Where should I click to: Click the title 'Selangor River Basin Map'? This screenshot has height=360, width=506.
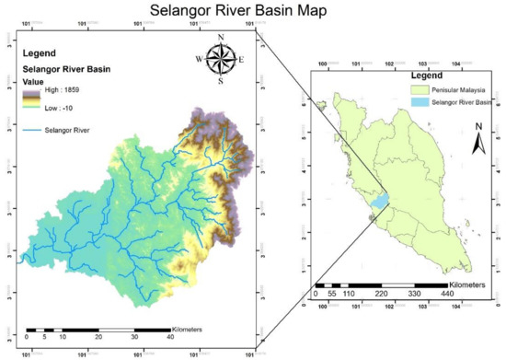[252, 11]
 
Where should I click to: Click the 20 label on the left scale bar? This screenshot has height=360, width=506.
[98, 338]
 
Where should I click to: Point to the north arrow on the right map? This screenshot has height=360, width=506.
[477, 140]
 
